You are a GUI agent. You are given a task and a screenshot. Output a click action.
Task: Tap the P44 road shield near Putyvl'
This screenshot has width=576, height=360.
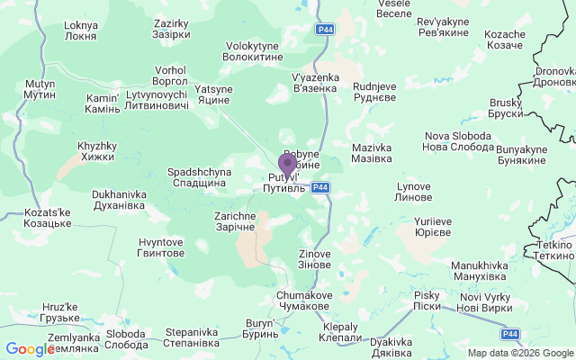point(320,187)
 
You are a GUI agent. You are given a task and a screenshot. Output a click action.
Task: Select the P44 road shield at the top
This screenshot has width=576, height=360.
point(326,30)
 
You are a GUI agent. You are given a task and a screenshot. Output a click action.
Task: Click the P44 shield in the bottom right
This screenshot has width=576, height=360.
point(510,334)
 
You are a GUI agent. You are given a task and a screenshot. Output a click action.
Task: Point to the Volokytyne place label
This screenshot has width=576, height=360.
point(254,50)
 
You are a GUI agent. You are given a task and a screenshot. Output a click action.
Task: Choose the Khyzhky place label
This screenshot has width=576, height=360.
point(97,151)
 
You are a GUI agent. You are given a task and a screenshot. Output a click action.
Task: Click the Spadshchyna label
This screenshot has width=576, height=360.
point(199,176)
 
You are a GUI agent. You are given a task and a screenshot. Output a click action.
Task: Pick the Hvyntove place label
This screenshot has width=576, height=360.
point(161,247)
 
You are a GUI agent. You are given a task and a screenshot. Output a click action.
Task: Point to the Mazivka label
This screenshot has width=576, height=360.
point(372,152)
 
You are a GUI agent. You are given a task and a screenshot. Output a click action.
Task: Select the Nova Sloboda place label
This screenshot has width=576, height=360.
point(457,140)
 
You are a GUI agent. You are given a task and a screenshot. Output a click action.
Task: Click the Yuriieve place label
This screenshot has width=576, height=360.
point(432,227)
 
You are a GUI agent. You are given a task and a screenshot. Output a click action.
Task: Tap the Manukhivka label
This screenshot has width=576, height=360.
point(480,271)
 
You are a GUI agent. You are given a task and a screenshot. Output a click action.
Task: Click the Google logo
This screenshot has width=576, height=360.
point(30,349)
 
